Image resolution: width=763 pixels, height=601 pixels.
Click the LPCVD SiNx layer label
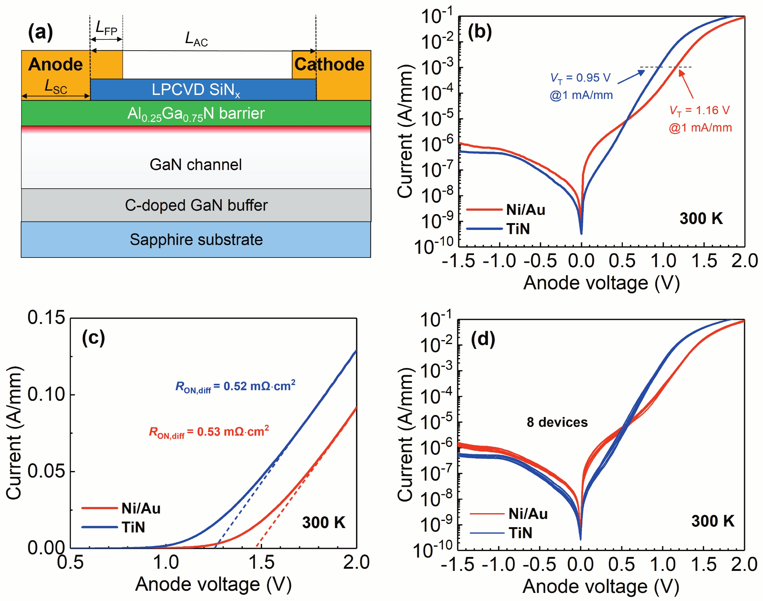pos(196,90)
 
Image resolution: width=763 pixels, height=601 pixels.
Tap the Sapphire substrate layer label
pos(196,240)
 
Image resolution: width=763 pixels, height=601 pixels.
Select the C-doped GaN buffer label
pos(196,205)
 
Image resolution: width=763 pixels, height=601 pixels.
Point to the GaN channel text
pos(196,165)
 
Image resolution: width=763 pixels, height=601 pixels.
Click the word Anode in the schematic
pos(55,65)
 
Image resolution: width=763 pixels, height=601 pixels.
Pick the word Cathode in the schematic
pos(329,65)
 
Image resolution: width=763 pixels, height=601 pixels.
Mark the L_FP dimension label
pos(106,28)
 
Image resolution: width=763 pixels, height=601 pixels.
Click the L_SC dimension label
pos(55,87)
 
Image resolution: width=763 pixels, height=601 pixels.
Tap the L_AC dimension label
pos(196,39)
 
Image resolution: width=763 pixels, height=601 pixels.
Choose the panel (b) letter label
pos(480,32)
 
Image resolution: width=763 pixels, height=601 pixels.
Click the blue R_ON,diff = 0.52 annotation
pos(235,386)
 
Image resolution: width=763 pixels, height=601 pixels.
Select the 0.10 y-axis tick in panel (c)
pos(46,394)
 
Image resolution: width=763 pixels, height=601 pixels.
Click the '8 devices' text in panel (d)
pos(557,422)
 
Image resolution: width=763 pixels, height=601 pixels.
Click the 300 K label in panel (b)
pos(701,218)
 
